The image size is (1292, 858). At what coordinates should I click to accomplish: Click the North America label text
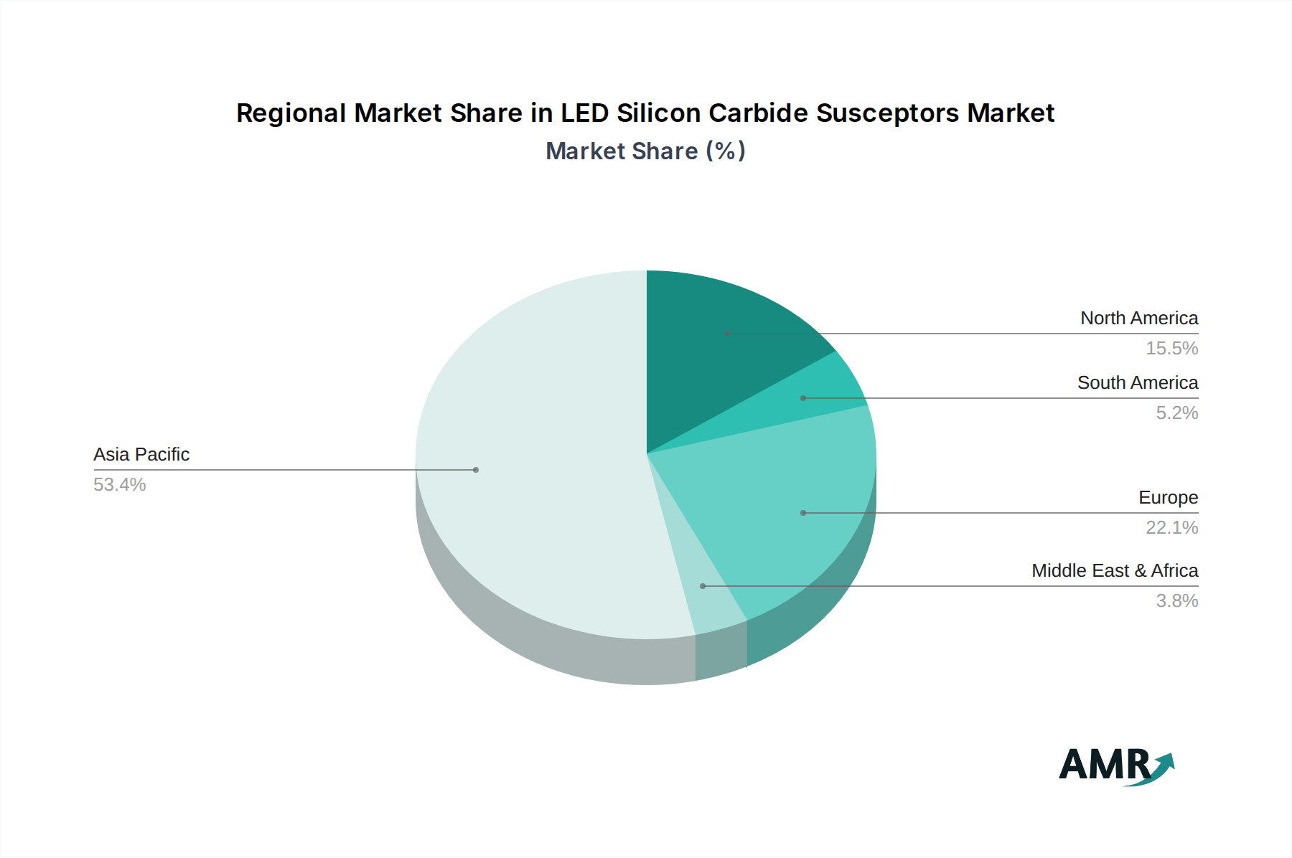click(x=1139, y=318)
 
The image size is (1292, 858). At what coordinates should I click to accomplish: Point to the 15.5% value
click(x=1171, y=348)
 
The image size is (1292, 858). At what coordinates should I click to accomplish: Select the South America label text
click(x=1138, y=382)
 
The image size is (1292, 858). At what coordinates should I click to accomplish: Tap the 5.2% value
click(x=1176, y=412)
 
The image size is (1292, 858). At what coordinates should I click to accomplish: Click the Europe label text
click(x=1168, y=497)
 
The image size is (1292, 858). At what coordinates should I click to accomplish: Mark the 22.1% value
click(x=1171, y=527)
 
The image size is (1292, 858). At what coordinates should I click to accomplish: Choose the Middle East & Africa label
click(x=1115, y=570)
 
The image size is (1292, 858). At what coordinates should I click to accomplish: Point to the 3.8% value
click(x=1176, y=600)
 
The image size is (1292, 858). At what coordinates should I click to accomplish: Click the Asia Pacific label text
click(x=141, y=454)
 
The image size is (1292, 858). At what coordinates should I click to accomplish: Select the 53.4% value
click(x=119, y=484)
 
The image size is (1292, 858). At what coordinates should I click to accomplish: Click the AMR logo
click(x=1116, y=765)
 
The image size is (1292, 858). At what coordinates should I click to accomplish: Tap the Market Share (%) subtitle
click(x=645, y=151)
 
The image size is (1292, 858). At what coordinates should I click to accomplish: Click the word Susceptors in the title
click(x=887, y=113)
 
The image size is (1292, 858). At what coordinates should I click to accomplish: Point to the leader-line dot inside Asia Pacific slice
click(x=476, y=470)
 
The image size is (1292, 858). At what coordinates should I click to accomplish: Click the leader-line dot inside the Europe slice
click(x=803, y=513)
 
